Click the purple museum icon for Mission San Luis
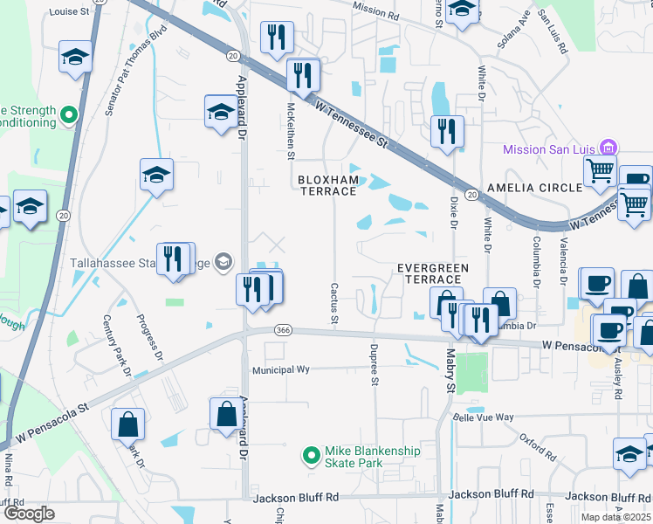610,148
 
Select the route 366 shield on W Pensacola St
282,329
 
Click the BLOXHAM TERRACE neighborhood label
328,186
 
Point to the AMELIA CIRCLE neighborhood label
534,188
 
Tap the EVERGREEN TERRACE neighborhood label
433,272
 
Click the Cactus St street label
333,300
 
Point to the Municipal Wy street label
281,369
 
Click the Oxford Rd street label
537,446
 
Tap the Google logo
29,513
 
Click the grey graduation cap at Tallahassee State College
223,260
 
